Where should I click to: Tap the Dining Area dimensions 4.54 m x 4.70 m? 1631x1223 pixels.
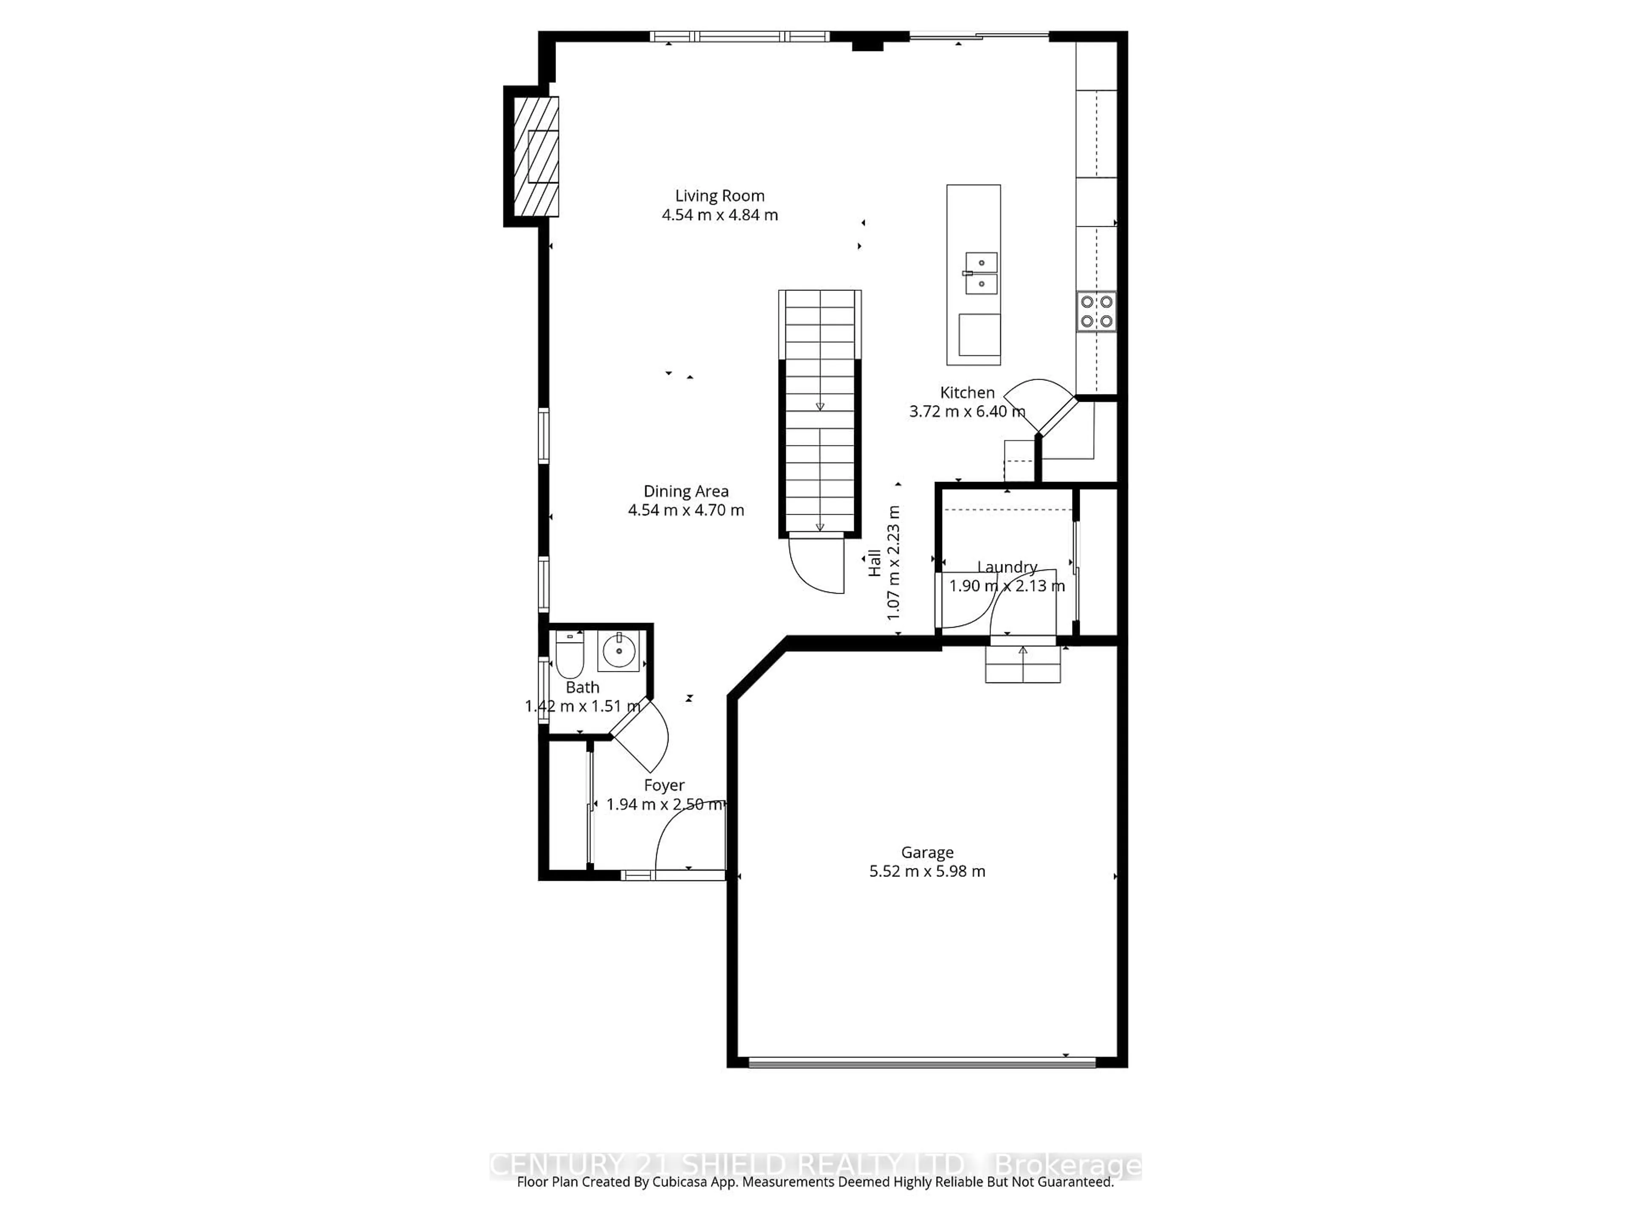pyautogui.click(x=686, y=510)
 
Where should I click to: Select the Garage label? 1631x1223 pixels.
pyautogui.click(x=927, y=852)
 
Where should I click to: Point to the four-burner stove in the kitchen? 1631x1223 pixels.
pyautogui.click(x=1096, y=311)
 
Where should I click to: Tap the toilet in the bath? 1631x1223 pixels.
pyautogui.click(x=569, y=655)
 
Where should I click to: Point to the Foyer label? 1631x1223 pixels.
pyautogui.click(x=663, y=785)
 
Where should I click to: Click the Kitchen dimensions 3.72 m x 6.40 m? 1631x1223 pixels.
pyautogui.click(x=967, y=411)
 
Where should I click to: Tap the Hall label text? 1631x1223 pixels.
pyautogui.click(x=875, y=563)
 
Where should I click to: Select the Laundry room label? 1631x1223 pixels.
pyautogui.click(x=1007, y=567)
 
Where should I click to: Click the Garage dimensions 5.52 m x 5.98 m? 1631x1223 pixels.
pyautogui.click(x=927, y=871)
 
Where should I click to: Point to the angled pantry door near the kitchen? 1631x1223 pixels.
pyautogui.click(x=1041, y=407)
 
